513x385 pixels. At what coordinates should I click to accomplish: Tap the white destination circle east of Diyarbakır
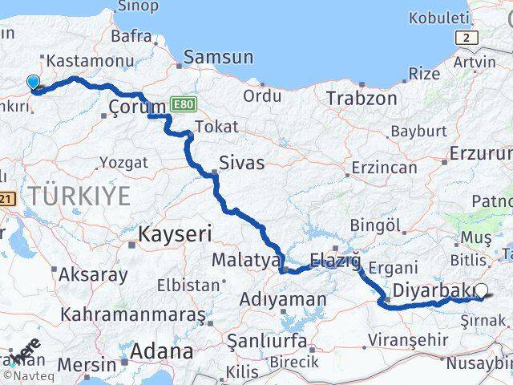point(481,292)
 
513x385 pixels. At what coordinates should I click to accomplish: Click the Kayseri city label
point(174,234)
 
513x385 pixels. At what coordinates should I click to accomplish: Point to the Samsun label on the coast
point(218,57)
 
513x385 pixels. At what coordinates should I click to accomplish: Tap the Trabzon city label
point(362,98)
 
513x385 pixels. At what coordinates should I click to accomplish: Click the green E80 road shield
point(180,104)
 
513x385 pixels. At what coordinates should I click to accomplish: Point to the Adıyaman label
point(283,300)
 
